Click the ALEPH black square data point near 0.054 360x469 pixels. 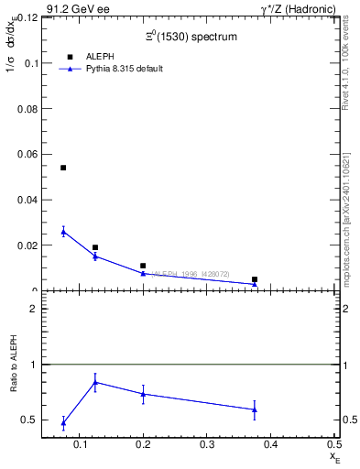pos(63,168)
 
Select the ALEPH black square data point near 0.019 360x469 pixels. pos(95,247)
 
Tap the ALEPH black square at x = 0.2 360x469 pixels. pos(143,266)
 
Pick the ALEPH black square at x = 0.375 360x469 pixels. pos(255,279)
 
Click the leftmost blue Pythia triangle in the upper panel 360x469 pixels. pos(63,232)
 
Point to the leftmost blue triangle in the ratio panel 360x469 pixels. pos(63,422)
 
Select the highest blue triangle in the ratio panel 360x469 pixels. pos(95,382)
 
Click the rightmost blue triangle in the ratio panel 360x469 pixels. pos(255,409)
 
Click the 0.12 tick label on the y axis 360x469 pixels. pos(25,17)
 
